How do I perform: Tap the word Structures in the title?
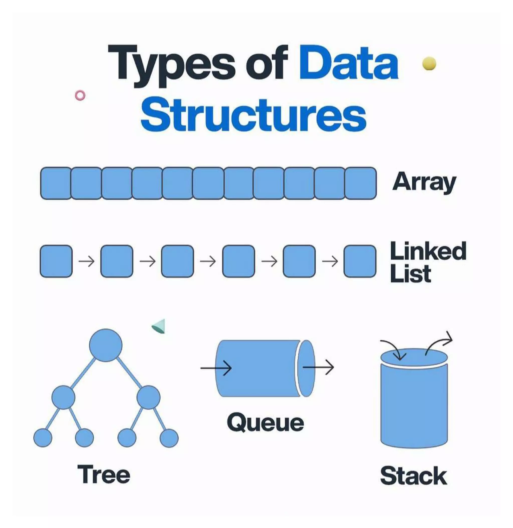(x=253, y=115)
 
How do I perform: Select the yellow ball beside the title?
(x=429, y=64)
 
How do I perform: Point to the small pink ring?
(x=80, y=95)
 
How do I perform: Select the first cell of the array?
(x=56, y=183)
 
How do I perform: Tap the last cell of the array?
(x=360, y=183)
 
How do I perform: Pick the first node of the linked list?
(x=56, y=261)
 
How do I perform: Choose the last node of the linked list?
(x=360, y=261)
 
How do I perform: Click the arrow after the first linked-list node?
(x=87, y=261)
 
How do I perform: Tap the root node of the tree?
(x=106, y=345)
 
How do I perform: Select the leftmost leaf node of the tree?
(x=43, y=438)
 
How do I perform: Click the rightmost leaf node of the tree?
(x=169, y=438)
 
